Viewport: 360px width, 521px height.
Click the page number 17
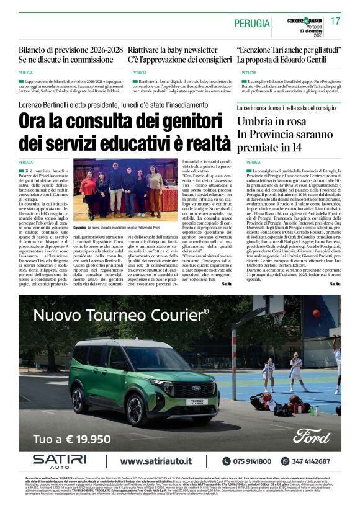(336, 21)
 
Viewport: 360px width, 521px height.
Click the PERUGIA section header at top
(252, 24)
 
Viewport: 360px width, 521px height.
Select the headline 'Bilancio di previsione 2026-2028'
(70, 50)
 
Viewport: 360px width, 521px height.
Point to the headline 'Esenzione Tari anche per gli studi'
(289, 50)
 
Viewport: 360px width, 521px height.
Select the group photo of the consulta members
(125, 192)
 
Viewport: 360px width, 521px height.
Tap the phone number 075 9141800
(253, 461)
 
